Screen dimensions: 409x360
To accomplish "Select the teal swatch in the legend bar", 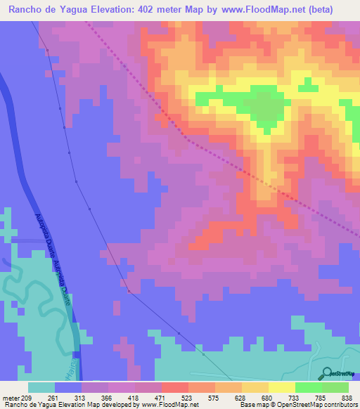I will [x=41, y=387].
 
